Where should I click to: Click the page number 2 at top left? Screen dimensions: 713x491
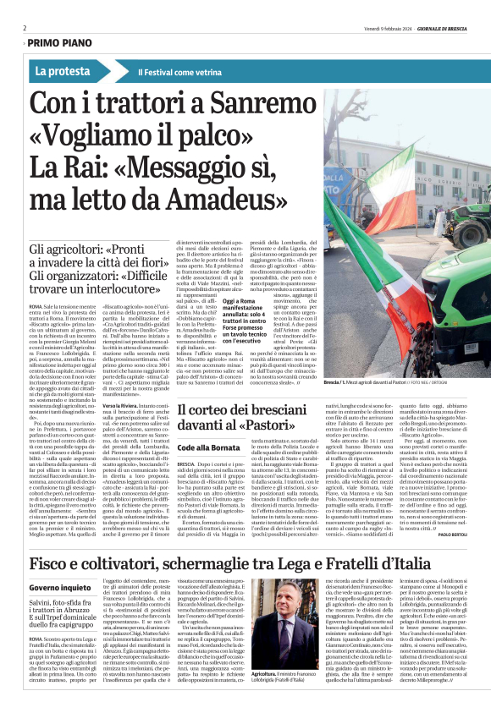point(25,28)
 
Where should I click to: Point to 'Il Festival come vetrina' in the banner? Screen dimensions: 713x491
point(174,72)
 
